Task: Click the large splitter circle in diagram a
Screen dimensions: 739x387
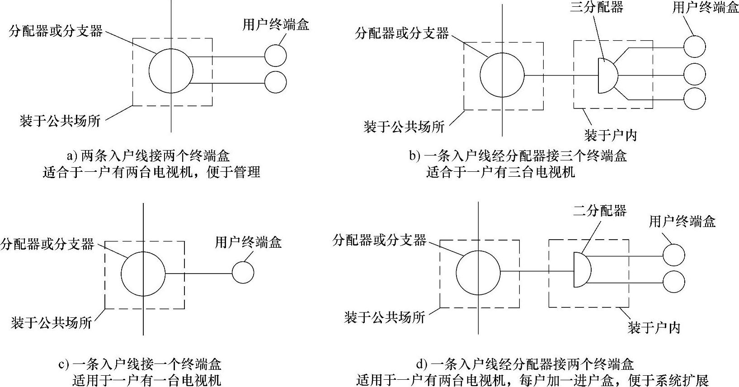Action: pyautogui.click(x=171, y=71)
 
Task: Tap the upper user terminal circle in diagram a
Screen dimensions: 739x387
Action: pyautogui.click(x=275, y=56)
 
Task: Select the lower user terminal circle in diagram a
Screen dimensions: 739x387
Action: pyautogui.click(x=275, y=82)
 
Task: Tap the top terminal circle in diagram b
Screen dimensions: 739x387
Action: pyautogui.click(x=694, y=46)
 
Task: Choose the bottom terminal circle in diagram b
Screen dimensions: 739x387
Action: pyautogui.click(x=694, y=98)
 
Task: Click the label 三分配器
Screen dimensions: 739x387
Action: pyautogui.click(x=596, y=7)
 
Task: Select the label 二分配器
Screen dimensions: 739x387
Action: pyautogui.click(x=600, y=211)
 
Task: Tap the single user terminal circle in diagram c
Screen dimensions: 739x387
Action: pyautogui.click(x=243, y=273)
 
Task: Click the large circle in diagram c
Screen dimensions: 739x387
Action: pyautogui.click(x=143, y=274)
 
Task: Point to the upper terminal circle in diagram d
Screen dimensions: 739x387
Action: pyautogui.click(x=673, y=255)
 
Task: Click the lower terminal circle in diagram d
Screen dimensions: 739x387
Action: pyautogui.click(x=673, y=281)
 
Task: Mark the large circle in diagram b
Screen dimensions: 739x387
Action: pyautogui.click(x=502, y=76)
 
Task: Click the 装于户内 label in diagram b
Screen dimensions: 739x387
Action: pyautogui.click(x=610, y=135)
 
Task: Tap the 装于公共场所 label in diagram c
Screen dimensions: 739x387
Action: pyautogui.click(x=52, y=322)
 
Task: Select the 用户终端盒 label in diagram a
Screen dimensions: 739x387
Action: pyautogui.click(x=276, y=24)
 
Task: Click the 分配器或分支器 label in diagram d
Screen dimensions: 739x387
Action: pyautogui.click(x=380, y=240)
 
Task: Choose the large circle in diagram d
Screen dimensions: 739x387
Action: pyautogui.click(x=478, y=272)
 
